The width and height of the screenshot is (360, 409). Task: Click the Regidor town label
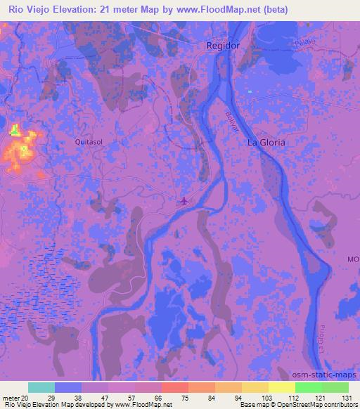coord(223,45)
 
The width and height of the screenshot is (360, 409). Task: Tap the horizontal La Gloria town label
coord(266,142)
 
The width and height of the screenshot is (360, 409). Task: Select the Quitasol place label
coord(89,141)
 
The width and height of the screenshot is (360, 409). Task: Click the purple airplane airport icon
coord(184,202)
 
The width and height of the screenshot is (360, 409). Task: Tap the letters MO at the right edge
coord(352,259)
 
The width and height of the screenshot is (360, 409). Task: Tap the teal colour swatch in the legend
coord(41,387)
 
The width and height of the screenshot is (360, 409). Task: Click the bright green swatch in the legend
coord(309,387)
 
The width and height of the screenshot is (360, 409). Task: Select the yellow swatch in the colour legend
coord(255,387)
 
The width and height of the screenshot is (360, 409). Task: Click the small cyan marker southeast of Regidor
coord(250,91)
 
